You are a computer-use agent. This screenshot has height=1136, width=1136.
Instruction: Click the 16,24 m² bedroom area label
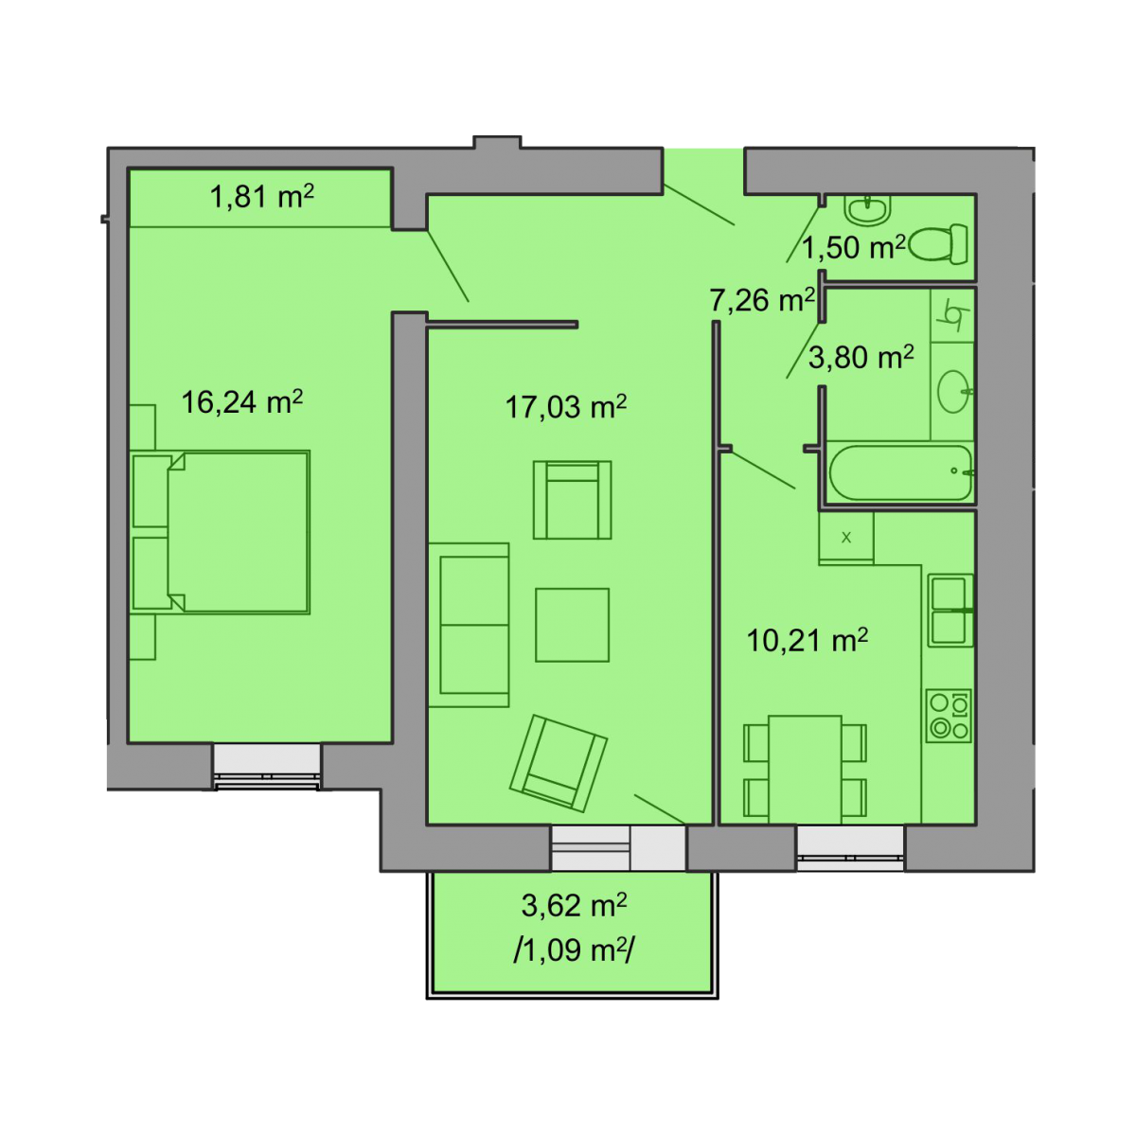pyautogui.click(x=241, y=402)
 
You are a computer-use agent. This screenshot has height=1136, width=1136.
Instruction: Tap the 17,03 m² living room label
pyautogui.click(x=565, y=406)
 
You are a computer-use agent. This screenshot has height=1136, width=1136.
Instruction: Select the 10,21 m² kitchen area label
pyautogui.click(x=808, y=640)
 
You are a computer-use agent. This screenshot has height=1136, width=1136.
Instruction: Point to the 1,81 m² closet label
pyautogui.click(x=261, y=196)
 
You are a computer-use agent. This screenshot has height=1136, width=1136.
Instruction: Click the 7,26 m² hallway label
pyautogui.click(x=762, y=300)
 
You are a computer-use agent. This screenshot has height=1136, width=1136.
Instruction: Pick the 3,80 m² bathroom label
pyautogui.click(x=861, y=357)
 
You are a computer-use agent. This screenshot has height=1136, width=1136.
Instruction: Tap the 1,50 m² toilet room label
pyautogui.click(x=853, y=247)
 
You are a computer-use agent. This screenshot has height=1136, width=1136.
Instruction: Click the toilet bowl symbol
pyautogui.click(x=938, y=243)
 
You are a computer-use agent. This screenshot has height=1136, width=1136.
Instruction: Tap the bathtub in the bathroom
pyautogui.click(x=899, y=473)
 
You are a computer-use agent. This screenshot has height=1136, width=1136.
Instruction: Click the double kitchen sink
pyautogui.click(x=950, y=611)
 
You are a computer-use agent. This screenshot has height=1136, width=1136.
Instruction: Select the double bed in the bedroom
pyautogui.click(x=221, y=532)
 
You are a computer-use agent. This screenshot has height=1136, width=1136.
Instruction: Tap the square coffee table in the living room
pyautogui.click(x=572, y=625)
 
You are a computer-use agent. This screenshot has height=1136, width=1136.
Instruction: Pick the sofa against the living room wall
pyautogui.click(x=469, y=625)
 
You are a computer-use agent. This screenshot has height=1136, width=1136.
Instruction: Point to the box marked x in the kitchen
pyautogui.click(x=846, y=537)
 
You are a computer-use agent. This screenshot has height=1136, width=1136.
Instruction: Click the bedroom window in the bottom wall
pyautogui.click(x=266, y=766)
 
